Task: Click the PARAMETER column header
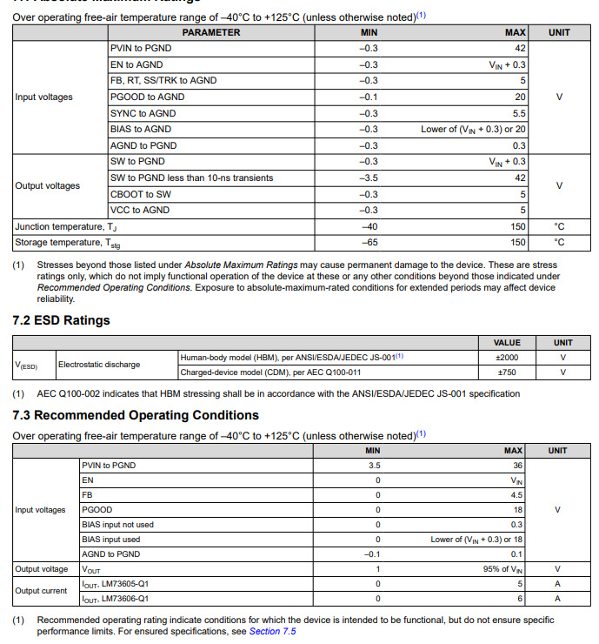[210, 32]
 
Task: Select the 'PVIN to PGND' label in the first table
[138, 49]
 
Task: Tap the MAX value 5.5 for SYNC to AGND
[518, 113]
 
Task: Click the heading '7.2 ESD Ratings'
[61, 320]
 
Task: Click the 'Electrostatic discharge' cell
[99, 365]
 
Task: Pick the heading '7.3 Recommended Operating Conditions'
[136, 415]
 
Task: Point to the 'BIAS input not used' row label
[117, 525]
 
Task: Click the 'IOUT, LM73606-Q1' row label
[115, 599]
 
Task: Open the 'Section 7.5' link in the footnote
[272, 631]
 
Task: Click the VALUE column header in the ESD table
[506, 343]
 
